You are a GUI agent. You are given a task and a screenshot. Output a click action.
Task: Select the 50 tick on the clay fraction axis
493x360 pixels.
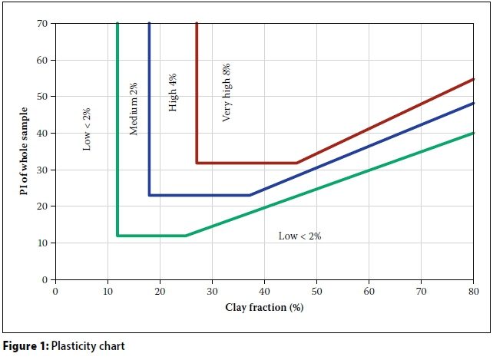point(316,292)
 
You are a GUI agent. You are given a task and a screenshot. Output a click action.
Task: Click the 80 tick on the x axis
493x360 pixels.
point(473,292)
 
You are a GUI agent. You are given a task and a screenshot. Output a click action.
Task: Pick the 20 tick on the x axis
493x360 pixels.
point(160,292)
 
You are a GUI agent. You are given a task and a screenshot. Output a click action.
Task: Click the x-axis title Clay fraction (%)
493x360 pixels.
point(264,309)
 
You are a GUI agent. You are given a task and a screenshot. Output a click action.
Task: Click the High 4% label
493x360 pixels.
point(173,93)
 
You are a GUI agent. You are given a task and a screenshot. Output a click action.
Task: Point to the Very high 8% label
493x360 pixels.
point(227,93)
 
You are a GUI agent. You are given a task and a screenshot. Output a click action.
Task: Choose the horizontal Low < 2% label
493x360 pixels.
point(299,236)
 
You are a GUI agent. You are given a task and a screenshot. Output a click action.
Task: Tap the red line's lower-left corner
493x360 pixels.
point(197,163)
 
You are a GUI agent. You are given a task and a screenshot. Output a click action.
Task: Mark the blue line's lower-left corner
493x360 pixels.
point(149,195)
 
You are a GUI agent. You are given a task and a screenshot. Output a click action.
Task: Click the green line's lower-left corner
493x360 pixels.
point(117,236)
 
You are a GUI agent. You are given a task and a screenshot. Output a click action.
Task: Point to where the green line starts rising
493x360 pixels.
point(186,236)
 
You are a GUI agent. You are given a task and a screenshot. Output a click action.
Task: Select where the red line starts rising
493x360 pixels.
point(296,163)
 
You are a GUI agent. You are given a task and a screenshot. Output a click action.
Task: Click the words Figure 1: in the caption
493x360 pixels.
point(26,346)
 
